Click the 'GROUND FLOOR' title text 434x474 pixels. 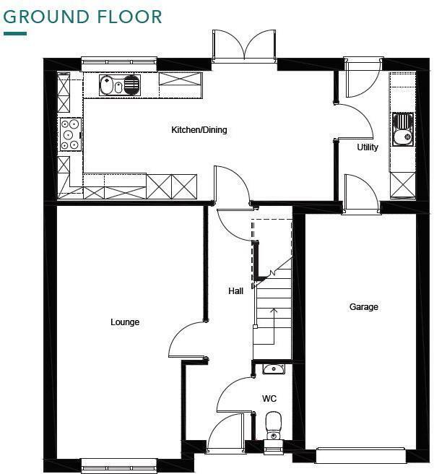(x=83, y=16)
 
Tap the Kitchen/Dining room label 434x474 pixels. (x=199, y=130)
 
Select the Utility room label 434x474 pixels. (x=368, y=147)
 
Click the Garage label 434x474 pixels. (x=363, y=307)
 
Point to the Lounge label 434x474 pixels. (x=125, y=322)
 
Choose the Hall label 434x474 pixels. (x=235, y=291)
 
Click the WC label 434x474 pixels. (x=269, y=399)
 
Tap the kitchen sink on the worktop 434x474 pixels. (x=120, y=85)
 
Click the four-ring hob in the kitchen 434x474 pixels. (x=70, y=134)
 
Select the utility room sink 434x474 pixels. (x=402, y=128)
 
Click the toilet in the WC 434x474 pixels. (x=273, y=424)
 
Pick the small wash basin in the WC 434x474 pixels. (x=273, y=369)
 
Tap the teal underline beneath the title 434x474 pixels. (x=15, y=33)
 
